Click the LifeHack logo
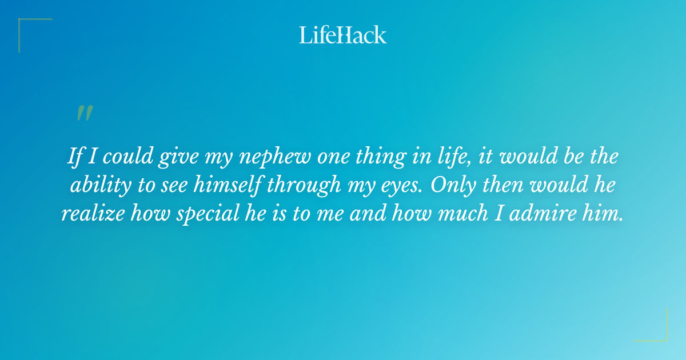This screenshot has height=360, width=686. pyautogui.click(x=343, y=35)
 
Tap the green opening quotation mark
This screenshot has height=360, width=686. pyautogui.click(x=85, y=113)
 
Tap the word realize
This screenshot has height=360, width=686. pyautogui.click(x=93, y=214)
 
